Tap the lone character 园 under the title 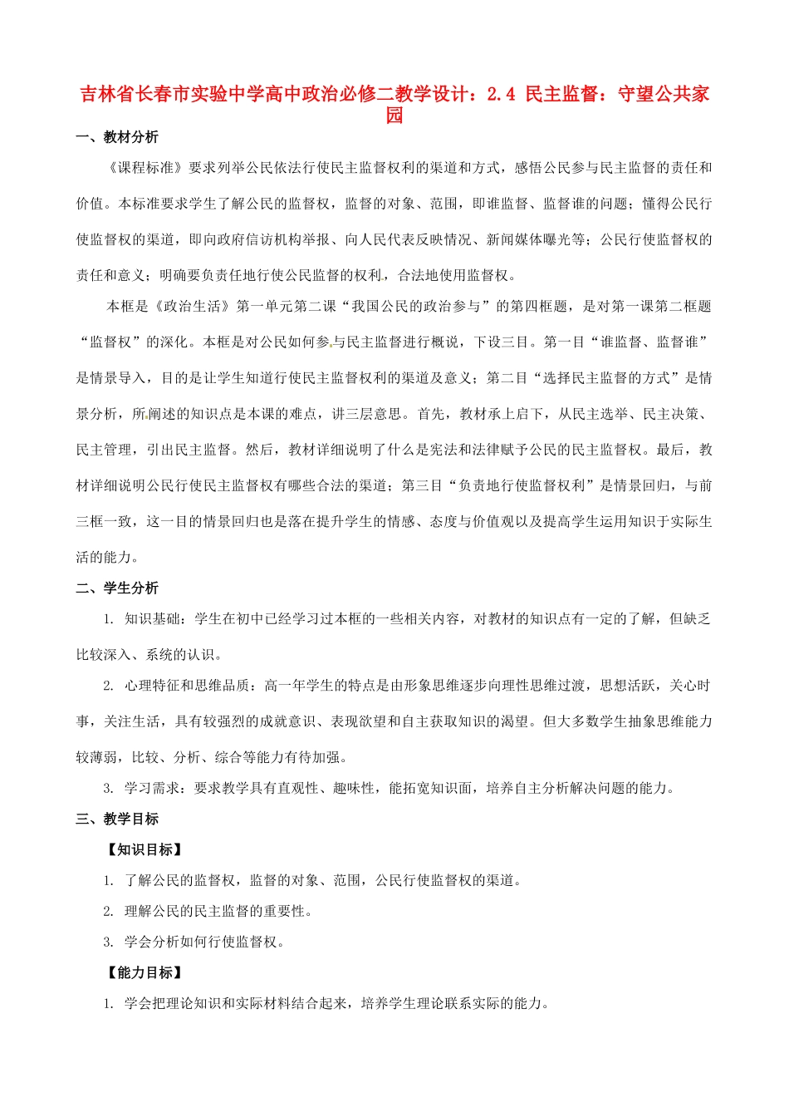tap(394, 116)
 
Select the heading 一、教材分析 tap(117, 137)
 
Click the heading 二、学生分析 tap(117, 588)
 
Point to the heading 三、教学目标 tap(117, 819)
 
